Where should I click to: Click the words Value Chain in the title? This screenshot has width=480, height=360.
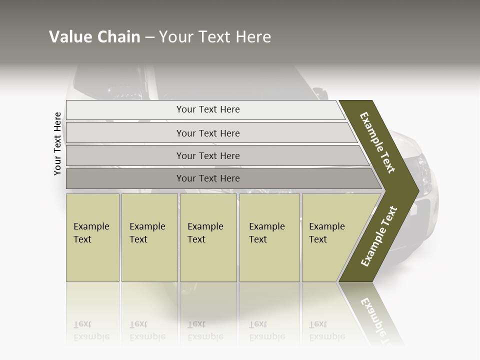click(94, 37)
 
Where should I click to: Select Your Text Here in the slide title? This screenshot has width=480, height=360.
click(215, 37)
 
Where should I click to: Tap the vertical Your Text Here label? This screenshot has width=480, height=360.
click(57, 143)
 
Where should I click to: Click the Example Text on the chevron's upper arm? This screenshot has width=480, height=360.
click(377, 142)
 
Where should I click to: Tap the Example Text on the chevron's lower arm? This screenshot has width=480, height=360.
click(379, 236)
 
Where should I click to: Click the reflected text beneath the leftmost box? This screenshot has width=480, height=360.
click(91, 330)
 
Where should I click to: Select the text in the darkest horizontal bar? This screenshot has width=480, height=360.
click(208, 178)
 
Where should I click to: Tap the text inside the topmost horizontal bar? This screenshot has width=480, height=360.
click(208, 109)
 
